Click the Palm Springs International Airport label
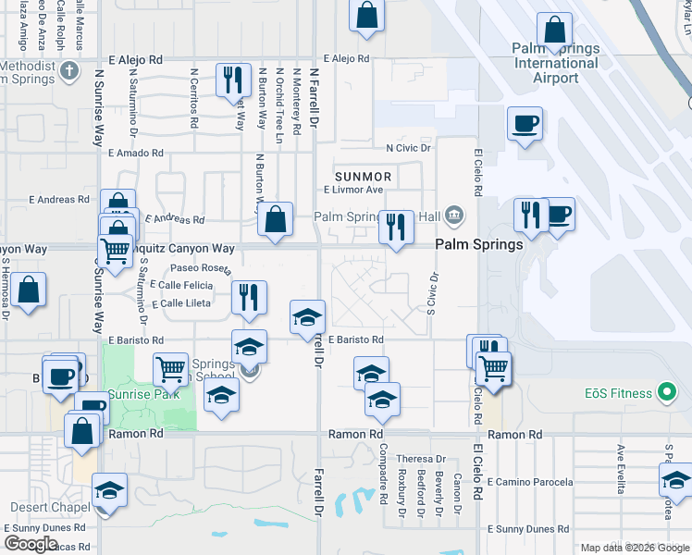click(x=555, y=63)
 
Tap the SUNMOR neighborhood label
click(x=364, y=176)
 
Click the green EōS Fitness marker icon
click(x=665, y=393)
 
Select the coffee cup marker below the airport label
click(x=525, y=123)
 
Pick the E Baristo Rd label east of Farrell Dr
click(x=355, y=340)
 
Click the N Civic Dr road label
click(x=409, y=148)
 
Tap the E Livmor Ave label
click(x=352, y=190)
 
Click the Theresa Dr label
click(x=414, y=459)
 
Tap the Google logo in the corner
click(x=31, y=544)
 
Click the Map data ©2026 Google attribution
click(x=635, y=548)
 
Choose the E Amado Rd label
click(x=135, y=154)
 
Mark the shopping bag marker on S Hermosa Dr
click(x=30, y=288)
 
